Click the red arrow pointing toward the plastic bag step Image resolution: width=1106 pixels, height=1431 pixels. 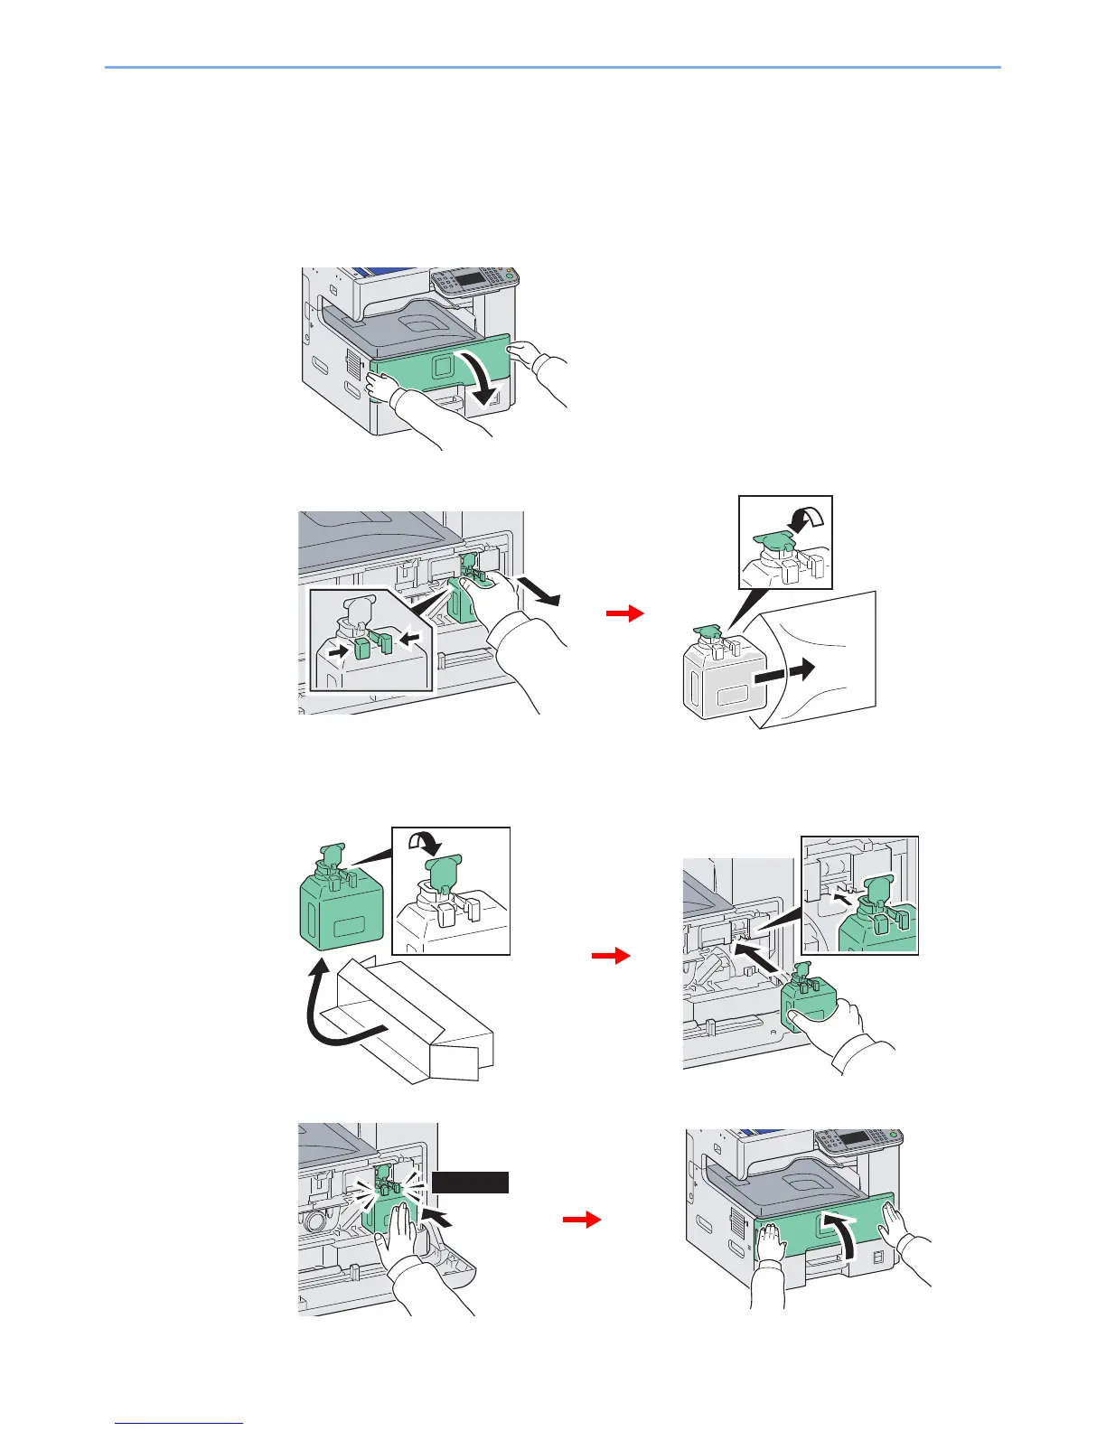(x=624, y=614)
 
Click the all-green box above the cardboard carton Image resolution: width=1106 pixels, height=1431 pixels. (x=341, y=921)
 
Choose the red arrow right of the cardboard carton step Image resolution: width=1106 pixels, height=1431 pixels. (x=611, y=956)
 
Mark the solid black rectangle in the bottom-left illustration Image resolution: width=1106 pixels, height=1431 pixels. (x=470, y=1183)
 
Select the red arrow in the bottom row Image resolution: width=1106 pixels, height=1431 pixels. (x=582, y=1221)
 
